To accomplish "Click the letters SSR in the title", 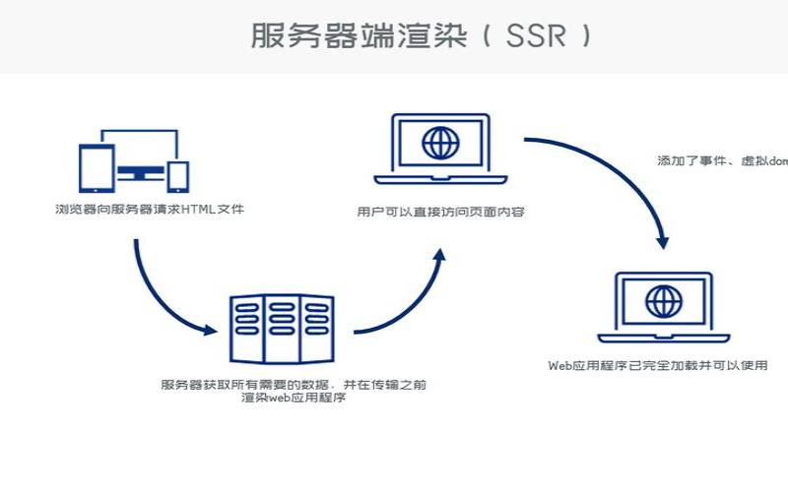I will coord(538,36).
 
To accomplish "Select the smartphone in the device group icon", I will coord(178,175).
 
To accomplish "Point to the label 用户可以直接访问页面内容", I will coord(440,212).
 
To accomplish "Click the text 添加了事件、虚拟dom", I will coord(722,159).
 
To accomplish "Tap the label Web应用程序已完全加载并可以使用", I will coord(658,365).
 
